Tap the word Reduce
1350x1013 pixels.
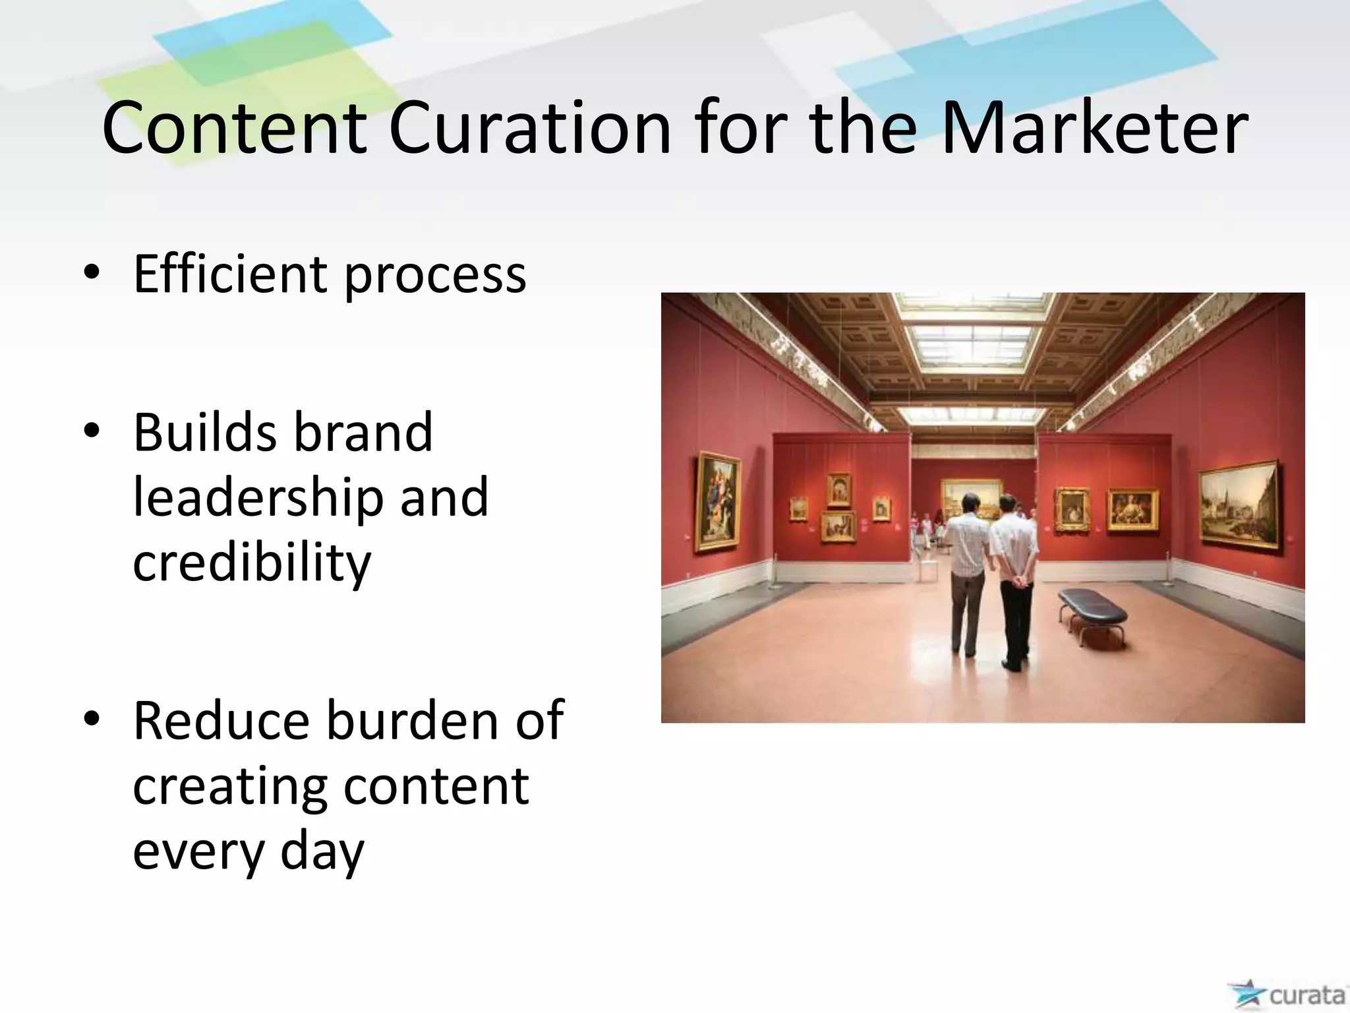click(x=221, y=720)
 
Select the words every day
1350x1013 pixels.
click(x=249, y=851)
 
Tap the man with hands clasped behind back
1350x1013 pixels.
click(x=1012, y=580)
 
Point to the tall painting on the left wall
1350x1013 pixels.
click(x=717, y=500)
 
